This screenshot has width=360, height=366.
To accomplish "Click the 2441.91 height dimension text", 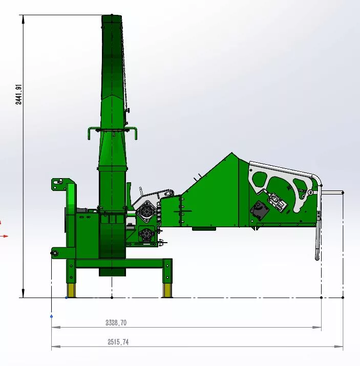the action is [x=18, y=94].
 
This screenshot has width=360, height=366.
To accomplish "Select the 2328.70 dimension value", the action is [x=116, y=323].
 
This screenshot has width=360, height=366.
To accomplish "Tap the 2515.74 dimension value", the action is [x=118, y=342].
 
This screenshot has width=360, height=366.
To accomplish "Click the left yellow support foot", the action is [x=71, y=290].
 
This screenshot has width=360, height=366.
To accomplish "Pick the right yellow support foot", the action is [x=167, y=290].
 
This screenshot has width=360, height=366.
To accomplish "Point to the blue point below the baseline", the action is [x=51, y=316].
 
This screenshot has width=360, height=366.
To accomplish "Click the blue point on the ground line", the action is [x=66, y=297].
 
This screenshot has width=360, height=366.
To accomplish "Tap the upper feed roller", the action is [x=146, y=211].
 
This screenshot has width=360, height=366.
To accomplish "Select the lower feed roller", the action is [x=146, y=233].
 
